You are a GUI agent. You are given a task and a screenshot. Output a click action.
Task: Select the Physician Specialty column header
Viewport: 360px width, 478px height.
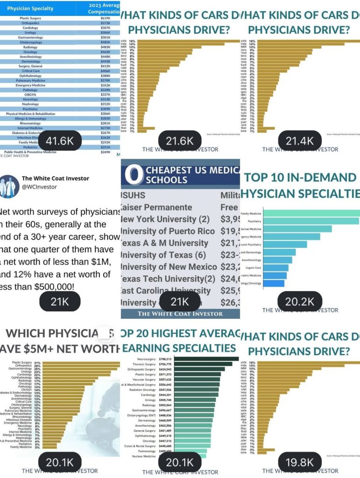point(30,8)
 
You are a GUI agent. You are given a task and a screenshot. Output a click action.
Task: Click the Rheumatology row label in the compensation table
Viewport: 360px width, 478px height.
point(30,123)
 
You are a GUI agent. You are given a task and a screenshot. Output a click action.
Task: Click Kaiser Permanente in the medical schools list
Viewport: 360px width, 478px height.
point(157,207)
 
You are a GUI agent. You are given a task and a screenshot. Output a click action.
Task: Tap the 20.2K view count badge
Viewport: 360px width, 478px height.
point(299,302)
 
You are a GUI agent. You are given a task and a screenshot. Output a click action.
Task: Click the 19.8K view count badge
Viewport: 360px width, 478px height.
point(299,463)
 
